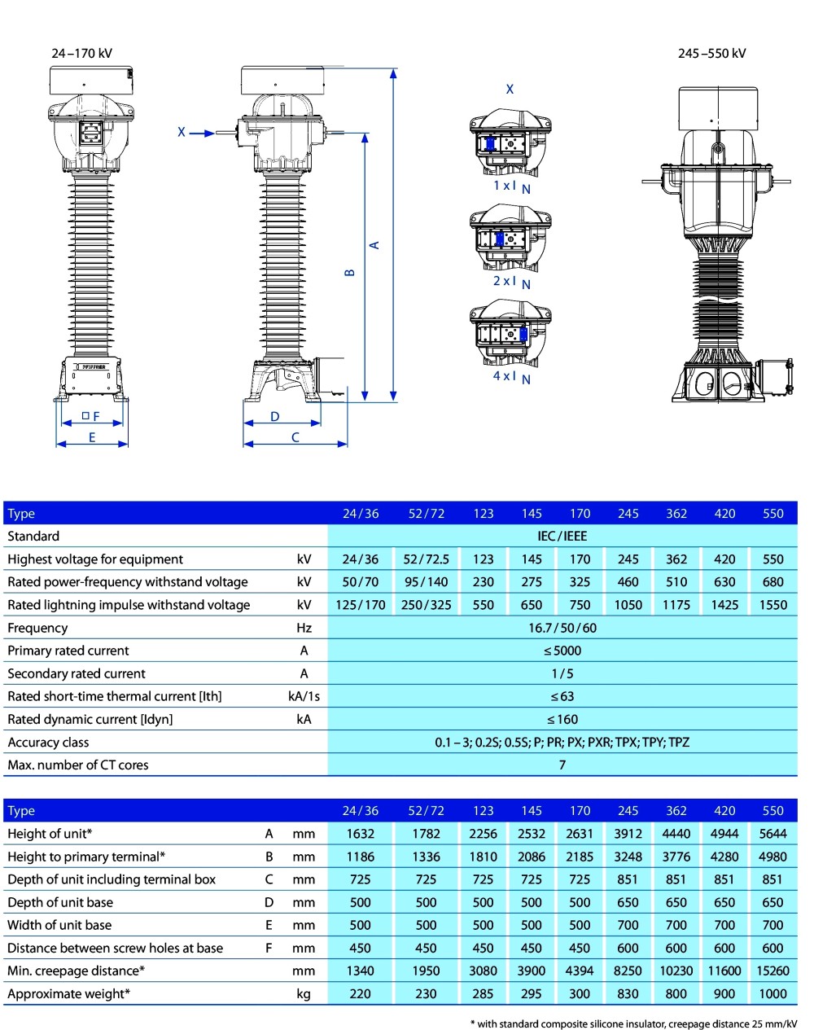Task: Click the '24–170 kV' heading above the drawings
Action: [81, 54]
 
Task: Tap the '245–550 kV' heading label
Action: [711, 54]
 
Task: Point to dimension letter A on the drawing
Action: [375, 244]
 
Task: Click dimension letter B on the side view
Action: [350, 273]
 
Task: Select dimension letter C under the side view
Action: [295, 438]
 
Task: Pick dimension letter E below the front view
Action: [92, 438]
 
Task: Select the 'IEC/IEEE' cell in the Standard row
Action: [562, 536]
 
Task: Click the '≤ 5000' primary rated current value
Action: [562, 651]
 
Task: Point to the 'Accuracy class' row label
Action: [48, 742]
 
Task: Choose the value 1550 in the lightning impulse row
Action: [772, 605]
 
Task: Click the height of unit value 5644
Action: [772, 834]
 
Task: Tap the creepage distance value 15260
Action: [772, 971]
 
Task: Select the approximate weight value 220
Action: [360, 993]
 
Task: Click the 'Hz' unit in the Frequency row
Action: [304, 628]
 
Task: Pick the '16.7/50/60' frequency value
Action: [562, 628]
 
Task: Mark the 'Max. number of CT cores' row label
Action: [78, 765]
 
